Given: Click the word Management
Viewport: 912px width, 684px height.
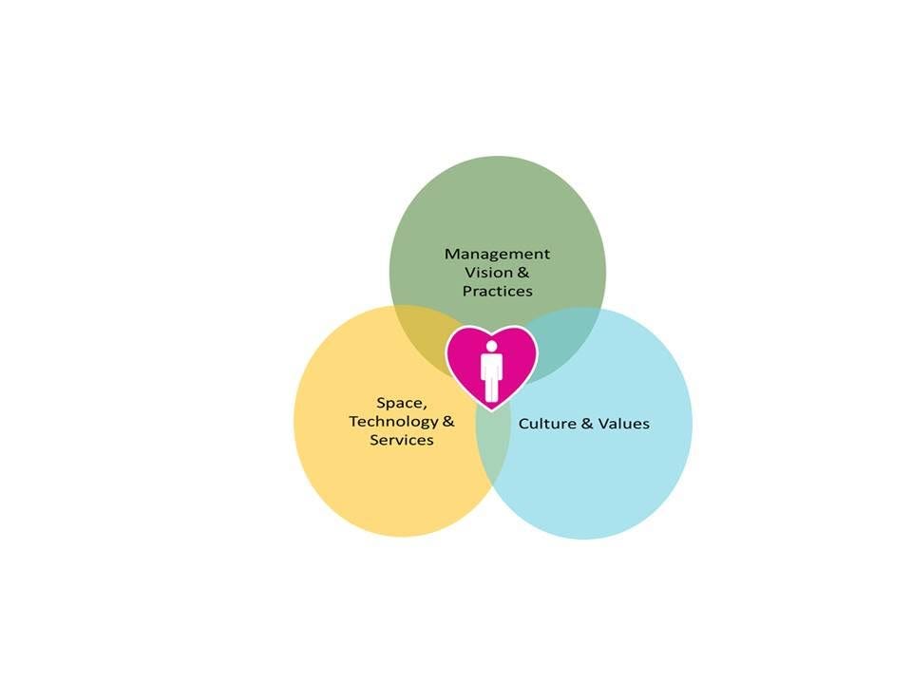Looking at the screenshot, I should (497, 255).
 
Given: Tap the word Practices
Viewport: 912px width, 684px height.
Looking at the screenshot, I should (497, 291).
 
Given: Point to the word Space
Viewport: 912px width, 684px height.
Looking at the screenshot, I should (399, 403).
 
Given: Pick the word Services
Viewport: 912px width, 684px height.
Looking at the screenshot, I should (402, 440).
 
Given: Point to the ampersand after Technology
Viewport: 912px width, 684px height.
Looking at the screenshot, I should (448, 421).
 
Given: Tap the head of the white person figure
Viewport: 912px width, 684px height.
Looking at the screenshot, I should (491, 345).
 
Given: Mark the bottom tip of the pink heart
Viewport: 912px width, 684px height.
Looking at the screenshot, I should (491, 409).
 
